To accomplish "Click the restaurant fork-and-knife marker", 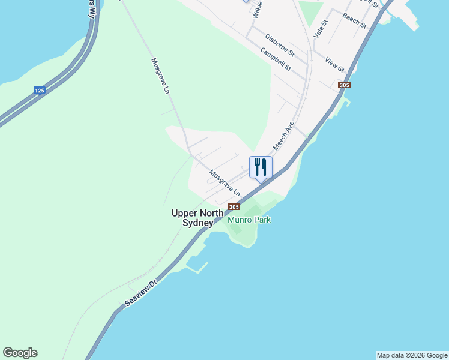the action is (x=261, y=166).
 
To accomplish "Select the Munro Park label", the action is (x=249, y=220).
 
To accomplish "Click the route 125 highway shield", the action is (x=40, y=91).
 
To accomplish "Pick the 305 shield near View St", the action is (x=343, y=85).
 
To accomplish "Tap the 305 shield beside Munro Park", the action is (x=234, y=207).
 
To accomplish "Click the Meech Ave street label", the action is (x=283, y=137).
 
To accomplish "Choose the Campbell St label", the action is (x=276, y=59).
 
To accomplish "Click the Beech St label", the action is (x=354, y=20).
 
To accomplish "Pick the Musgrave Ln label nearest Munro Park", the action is (x=224, y=183).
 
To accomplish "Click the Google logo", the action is (x=20, y=353).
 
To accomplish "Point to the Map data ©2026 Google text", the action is (x=412, y=355).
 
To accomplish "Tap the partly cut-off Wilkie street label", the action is (x=258, y=10).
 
